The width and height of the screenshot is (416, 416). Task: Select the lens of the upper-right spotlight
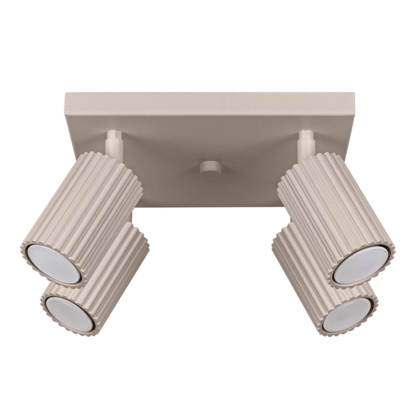(x=361, y=263)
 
